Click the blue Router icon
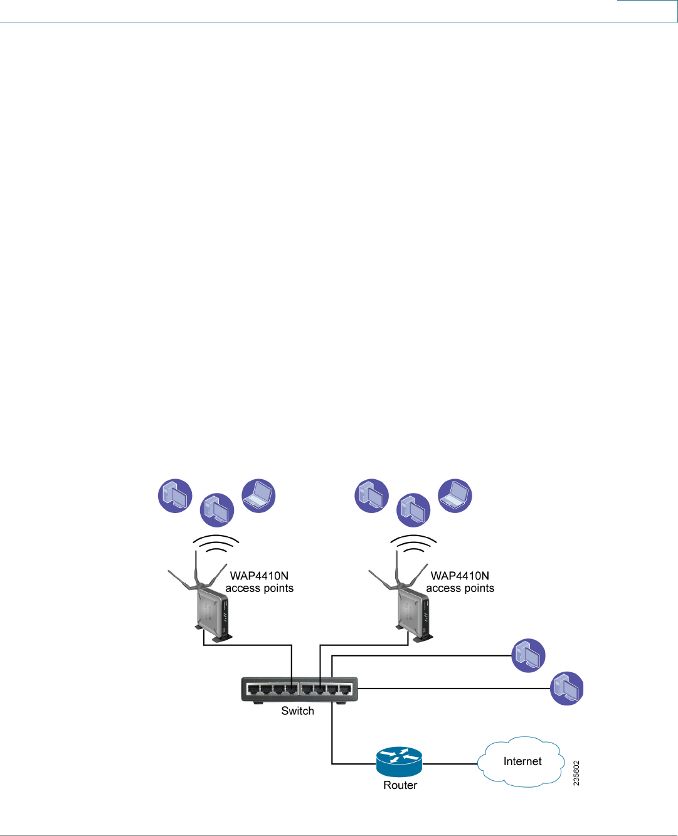[x=400, y=762]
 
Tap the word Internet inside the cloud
[x=522, y=761]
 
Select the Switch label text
[x=297, y=711]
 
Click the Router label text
[x=400, y=785]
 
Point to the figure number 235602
[x=576, y=773]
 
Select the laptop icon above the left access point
[x=258, y=496]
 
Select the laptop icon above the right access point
[x=455, y=496]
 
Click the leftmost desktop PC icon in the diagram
[x=175, y=496]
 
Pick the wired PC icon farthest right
[x=567, y=688]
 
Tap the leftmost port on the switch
[x=253, y=689]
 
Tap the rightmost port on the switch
[x=345, y=689]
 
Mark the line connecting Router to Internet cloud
[x=450, y=764]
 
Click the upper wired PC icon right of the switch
[x=529, y=655]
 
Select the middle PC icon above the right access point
[x=414, y=509]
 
